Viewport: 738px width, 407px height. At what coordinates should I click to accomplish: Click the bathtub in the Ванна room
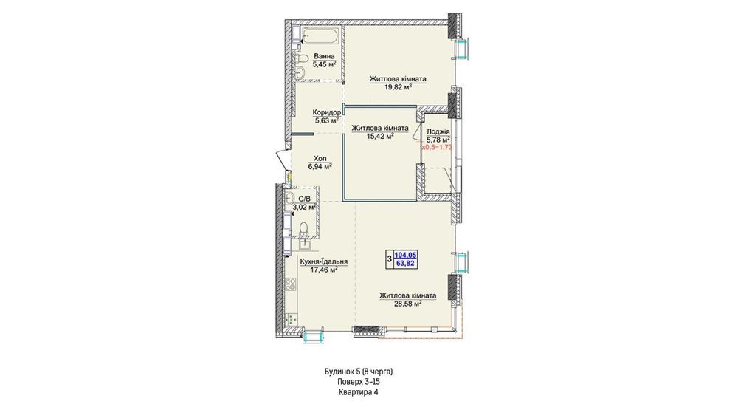[x=319, y=36]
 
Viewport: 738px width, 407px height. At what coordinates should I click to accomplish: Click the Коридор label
[x=327, y=112]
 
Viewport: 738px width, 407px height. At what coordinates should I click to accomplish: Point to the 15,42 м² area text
[x=380, y=136]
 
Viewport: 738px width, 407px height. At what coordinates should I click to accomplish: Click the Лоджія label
[x=438, y=131]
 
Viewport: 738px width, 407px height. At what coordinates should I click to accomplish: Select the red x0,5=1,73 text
[x=437, y=147]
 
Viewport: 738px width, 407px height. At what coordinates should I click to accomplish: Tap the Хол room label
[x=320, y=159]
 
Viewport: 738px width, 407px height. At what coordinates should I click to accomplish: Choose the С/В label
[x=304, y=198]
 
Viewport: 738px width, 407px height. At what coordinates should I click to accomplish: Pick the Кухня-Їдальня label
[x=324, y=261]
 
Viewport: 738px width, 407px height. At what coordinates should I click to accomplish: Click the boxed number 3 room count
[x=389, y=259]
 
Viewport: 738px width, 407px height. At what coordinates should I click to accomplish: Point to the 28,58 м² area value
[x=407, y=304]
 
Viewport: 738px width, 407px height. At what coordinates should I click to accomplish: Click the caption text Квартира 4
[x=359, y=392]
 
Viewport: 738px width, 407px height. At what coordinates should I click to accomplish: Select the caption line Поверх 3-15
[x=359, y=382]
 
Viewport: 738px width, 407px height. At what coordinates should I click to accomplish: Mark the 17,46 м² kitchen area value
[x=324, y=270]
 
